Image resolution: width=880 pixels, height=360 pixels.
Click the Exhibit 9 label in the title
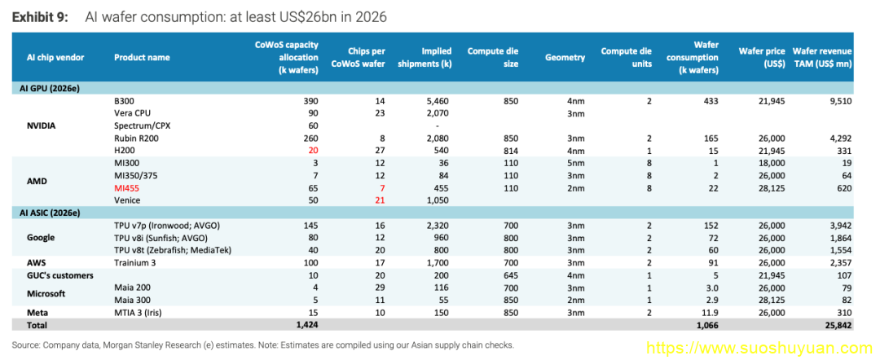click(40, 17)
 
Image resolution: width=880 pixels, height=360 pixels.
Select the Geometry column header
click(565, 57)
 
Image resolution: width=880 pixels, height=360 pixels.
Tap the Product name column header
click(142, 57)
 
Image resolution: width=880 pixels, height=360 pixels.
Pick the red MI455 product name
click(127, 188)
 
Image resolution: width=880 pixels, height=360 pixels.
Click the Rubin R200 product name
click(135, 138)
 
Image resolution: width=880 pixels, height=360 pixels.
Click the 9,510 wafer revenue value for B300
click(840, 102)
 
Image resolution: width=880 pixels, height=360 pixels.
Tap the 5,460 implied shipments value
click(439, 102)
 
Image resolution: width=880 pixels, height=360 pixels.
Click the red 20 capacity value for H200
click(313, 151)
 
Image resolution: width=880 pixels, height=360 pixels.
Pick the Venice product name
click(125, 200)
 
